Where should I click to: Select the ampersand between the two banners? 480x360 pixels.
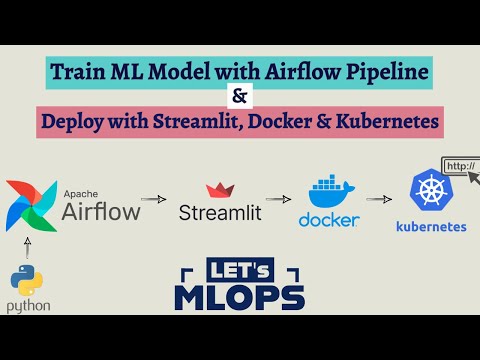[x=241, y=98]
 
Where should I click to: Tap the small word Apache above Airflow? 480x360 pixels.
[x=82, y=191]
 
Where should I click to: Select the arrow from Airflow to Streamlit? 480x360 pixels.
[x=153, y=200]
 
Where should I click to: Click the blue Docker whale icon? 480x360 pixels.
[x=327, y=192]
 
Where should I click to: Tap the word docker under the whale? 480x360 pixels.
[x=327, y=220]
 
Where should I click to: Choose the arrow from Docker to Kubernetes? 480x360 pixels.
[x=378, y=199]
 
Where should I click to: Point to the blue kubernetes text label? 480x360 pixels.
[x=432, y=227]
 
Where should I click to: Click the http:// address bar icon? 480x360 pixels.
[x=461, y=166]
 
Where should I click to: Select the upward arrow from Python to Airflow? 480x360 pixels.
[x=29, y=244]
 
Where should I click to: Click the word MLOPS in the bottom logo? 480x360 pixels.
[x=239, y=297]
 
